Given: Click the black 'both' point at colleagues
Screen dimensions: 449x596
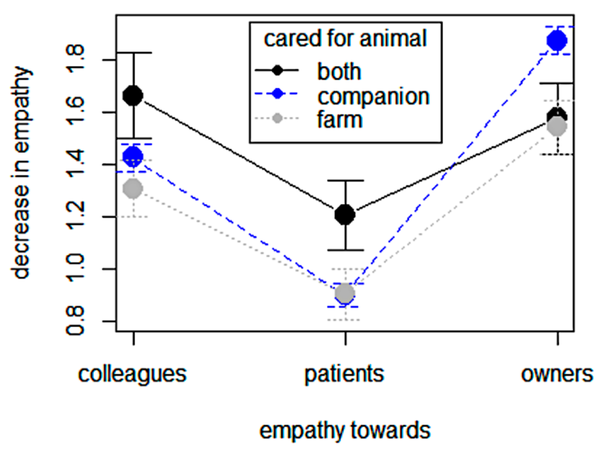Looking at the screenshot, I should (133, 96).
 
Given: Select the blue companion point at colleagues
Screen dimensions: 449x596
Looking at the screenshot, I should (133, 156).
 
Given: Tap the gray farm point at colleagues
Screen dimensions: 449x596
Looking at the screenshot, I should (133, 188).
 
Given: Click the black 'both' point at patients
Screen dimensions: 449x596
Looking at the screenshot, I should (345, 214).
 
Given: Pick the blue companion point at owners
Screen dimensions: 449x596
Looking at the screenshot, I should (557, 40).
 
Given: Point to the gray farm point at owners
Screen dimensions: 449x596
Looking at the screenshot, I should (557, 127).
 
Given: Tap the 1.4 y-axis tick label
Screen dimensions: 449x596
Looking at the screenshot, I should (76, 164).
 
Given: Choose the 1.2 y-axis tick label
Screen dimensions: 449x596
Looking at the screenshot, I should (76, 217).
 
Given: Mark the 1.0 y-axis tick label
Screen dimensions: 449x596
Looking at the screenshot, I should (76, 269).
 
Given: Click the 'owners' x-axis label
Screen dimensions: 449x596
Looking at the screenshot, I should (557, 374).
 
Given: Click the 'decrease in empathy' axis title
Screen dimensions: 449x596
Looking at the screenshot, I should (21, 172).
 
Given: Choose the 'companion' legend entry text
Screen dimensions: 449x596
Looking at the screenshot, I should (373, 97).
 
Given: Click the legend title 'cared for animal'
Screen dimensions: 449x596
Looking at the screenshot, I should (345, 39).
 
